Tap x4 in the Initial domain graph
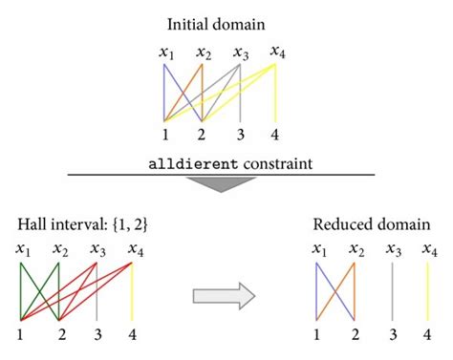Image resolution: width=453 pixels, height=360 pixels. coord(277,51)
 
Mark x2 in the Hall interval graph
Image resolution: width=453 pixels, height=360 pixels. coord(59,250)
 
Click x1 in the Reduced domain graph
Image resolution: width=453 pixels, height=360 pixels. coord(319,250)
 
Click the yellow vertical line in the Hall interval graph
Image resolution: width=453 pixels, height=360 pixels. coord(132,291)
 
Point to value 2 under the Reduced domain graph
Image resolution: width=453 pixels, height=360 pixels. coord(355,333)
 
